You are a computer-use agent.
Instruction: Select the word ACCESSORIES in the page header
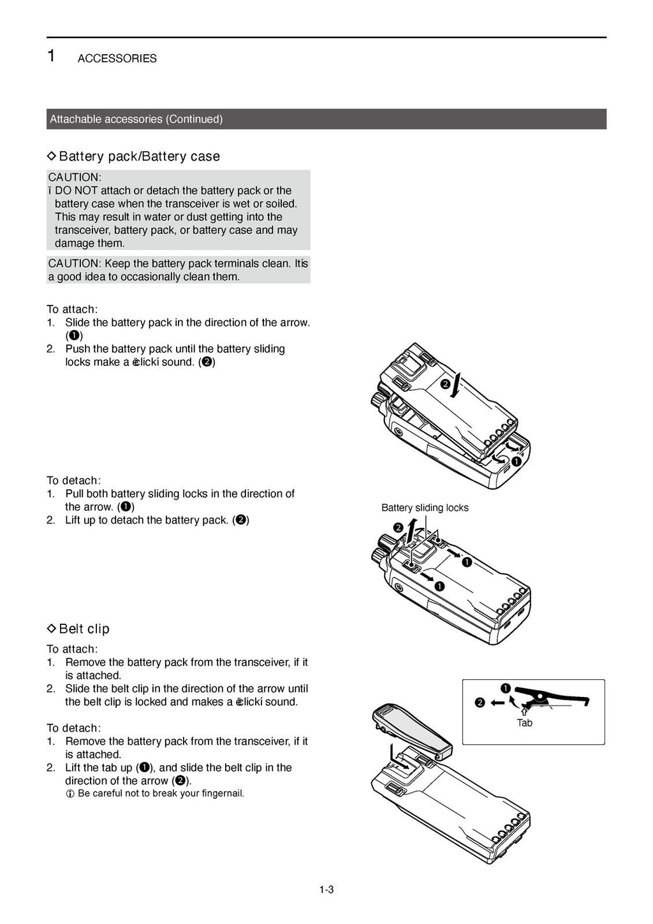(x=117, y=59)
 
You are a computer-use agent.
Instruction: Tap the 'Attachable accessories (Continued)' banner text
(x=136, y=119)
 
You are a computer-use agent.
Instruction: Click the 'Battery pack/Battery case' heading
(x=139, y=156)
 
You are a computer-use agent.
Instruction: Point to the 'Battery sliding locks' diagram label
(x=425, y=508)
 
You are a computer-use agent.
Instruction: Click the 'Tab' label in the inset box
(x=524, y=723)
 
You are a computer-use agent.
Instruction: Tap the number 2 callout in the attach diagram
(x=444, y=384)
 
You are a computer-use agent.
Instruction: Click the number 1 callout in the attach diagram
(x=516, y=461)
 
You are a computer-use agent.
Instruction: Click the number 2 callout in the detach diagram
(x=398, y=527)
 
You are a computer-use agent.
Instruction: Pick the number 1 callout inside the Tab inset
(x=505, y=687)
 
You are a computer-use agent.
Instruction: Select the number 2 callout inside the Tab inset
(x=480, y=703)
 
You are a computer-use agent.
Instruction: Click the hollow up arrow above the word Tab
(x=524, y=710)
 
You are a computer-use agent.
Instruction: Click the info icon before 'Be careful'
(x=70, y=794)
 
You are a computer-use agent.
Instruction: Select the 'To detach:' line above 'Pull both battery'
(x=73, y=480)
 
